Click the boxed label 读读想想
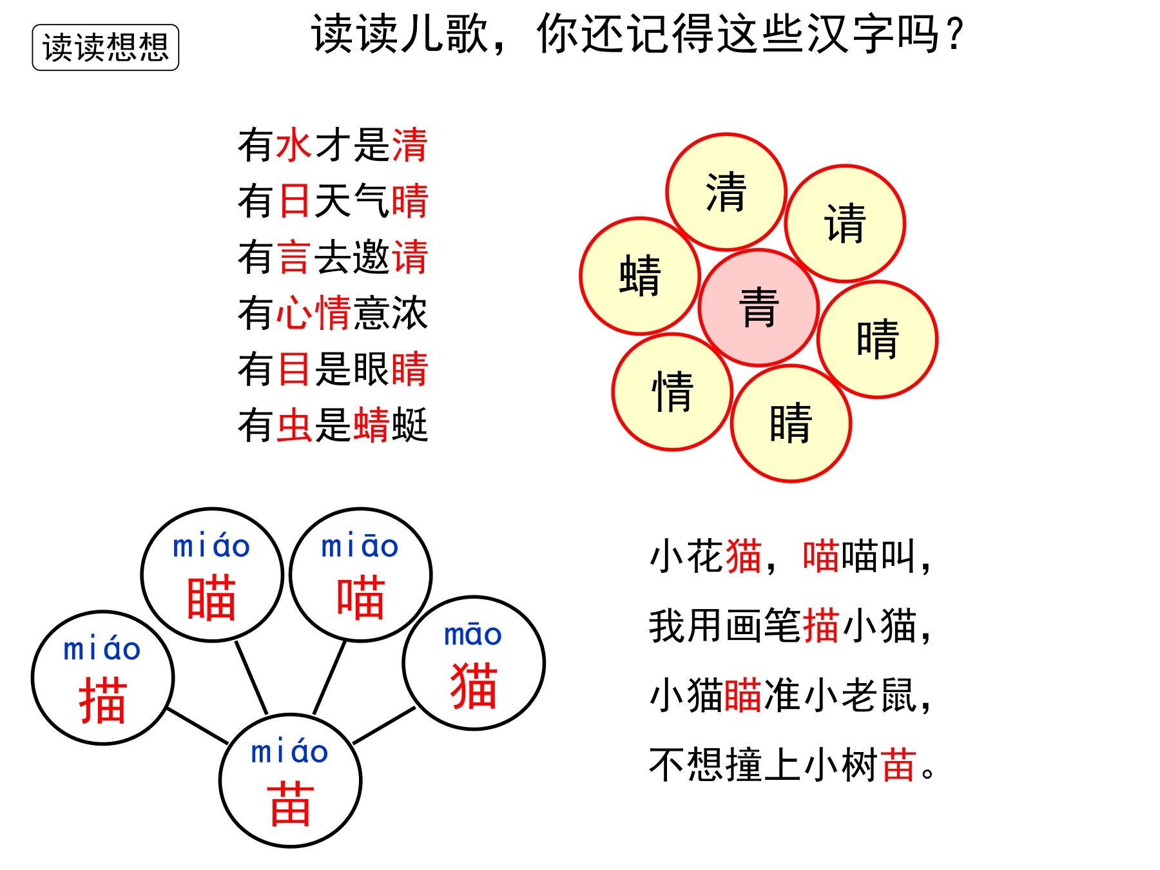point(106,48)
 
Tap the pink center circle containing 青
point(759,307)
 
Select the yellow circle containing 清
point(726,192)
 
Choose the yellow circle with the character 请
point(846,224)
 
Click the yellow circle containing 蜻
point(640,276)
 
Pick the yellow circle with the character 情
point(672,392)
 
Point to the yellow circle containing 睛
point(791,423)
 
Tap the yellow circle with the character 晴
point(878,340)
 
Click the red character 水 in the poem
point(295,144)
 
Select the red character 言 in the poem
point(295,256)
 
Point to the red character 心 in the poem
point(295,313)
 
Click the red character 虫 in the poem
point(295,425)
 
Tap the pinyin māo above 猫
point(473,635)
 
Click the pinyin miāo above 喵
point(360,546)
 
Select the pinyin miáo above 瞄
point(211,546)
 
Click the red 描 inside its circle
point(102,701)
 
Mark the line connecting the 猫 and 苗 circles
point(384,726)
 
